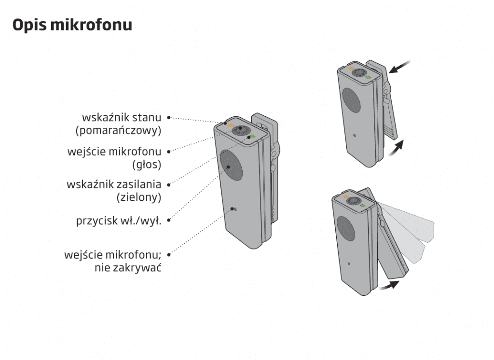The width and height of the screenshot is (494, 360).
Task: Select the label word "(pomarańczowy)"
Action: click(x=119, y=130)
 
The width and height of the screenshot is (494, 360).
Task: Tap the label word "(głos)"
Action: click(x=147, y=165)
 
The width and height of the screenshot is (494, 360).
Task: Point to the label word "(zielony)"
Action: click(x=139, y=198)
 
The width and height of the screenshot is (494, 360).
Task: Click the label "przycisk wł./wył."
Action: click(x=119, y=221)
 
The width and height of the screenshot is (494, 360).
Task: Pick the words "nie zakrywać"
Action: click(x=128, y=268)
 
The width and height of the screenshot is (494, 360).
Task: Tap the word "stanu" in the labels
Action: click(x=147, y=118)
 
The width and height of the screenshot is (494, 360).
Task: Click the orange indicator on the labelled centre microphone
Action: click(x=231, y=125)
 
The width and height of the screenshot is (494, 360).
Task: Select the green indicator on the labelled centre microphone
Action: click(x=252, y=137)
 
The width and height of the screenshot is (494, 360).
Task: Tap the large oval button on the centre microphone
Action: click(x=231, y=166)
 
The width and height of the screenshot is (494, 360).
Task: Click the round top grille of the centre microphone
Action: click(x=241, y=131)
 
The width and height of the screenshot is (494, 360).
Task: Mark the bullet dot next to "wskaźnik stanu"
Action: click(x=169, y=118)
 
